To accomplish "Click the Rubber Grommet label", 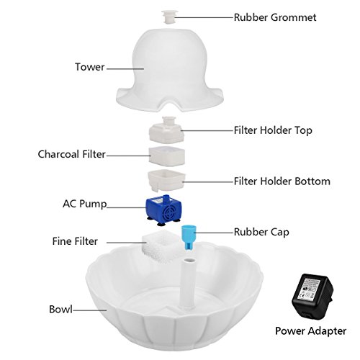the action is point(275,17).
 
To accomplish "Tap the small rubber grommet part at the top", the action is point(170,17).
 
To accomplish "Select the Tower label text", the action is point(90,67).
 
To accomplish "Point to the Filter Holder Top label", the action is point(273,130).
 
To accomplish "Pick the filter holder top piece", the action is point(167,130).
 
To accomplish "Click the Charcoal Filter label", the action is point(72,154).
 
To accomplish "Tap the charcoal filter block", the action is point(167,156).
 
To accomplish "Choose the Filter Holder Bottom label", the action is point(282,181).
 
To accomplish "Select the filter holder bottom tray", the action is point(167,181).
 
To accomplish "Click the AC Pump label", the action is point(85,204).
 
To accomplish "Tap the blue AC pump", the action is point(164,210).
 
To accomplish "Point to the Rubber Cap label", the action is point(261,232).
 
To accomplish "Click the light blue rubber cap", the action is point(188,238).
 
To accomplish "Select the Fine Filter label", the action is point(75,241).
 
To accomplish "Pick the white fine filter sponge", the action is point(161,247).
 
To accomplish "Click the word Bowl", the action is point(60,310).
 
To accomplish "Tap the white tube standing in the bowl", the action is point(189,283).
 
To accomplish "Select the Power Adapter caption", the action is point(310,331).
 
